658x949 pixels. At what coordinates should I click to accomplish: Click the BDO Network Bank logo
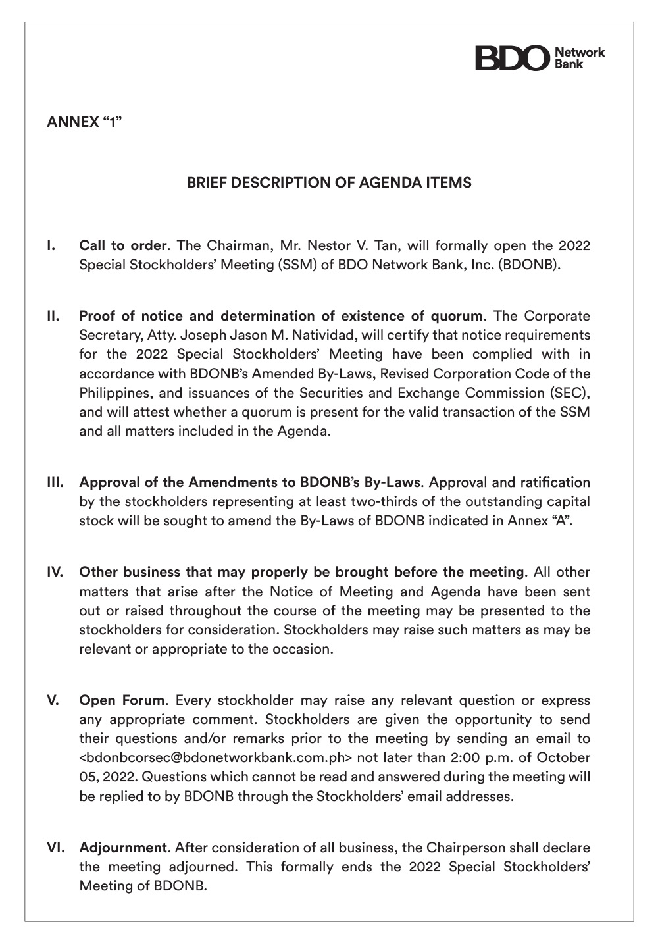tap(539, 58)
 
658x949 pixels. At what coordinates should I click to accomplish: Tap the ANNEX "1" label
tap(84, 122)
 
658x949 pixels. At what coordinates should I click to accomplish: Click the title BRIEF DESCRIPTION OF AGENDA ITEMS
tap(329, 183)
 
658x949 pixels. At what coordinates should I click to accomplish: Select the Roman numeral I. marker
tap(51, 246)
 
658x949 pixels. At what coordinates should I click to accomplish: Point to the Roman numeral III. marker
tap(55, 482)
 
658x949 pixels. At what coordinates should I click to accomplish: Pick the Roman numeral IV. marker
tap(55, 572)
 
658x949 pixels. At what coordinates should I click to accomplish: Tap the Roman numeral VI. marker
tap(55, 848)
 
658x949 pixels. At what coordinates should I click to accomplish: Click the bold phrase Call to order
tap(122, 246)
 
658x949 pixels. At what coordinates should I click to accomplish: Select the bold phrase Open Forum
tap(122, 700)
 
